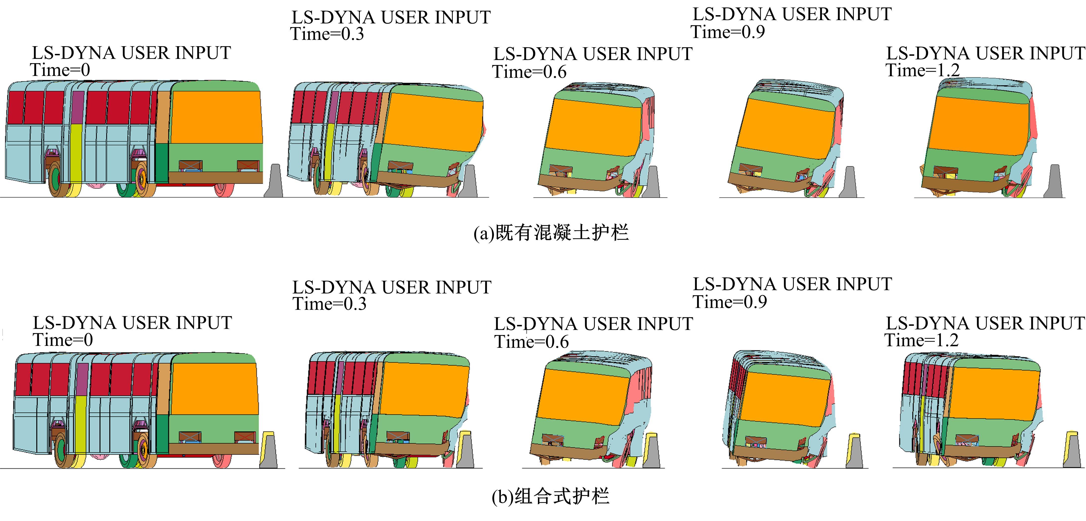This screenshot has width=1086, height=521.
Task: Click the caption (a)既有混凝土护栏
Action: tap(551, 233)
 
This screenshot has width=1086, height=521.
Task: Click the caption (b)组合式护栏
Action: tap(551, 496)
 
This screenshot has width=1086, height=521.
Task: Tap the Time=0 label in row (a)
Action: tap(60, 70)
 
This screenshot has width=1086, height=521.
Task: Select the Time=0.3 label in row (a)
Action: tap(327, 34)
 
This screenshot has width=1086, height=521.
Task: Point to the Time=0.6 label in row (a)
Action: tap(529, 72)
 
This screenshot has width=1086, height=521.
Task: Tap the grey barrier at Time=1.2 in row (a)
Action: tap(1054, 182)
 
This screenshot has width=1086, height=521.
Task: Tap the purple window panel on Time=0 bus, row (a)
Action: tap(78, 107)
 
